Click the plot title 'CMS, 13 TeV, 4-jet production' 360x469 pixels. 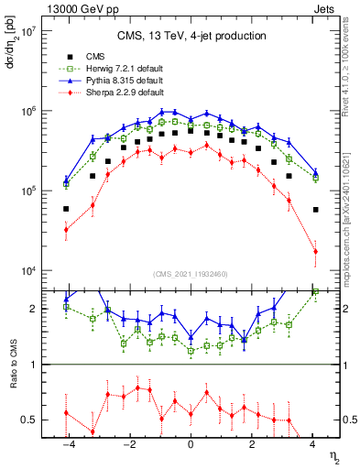pos(191,36)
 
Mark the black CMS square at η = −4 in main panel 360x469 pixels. pos(66,209)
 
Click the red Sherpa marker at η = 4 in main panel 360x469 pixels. pos(315,251)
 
